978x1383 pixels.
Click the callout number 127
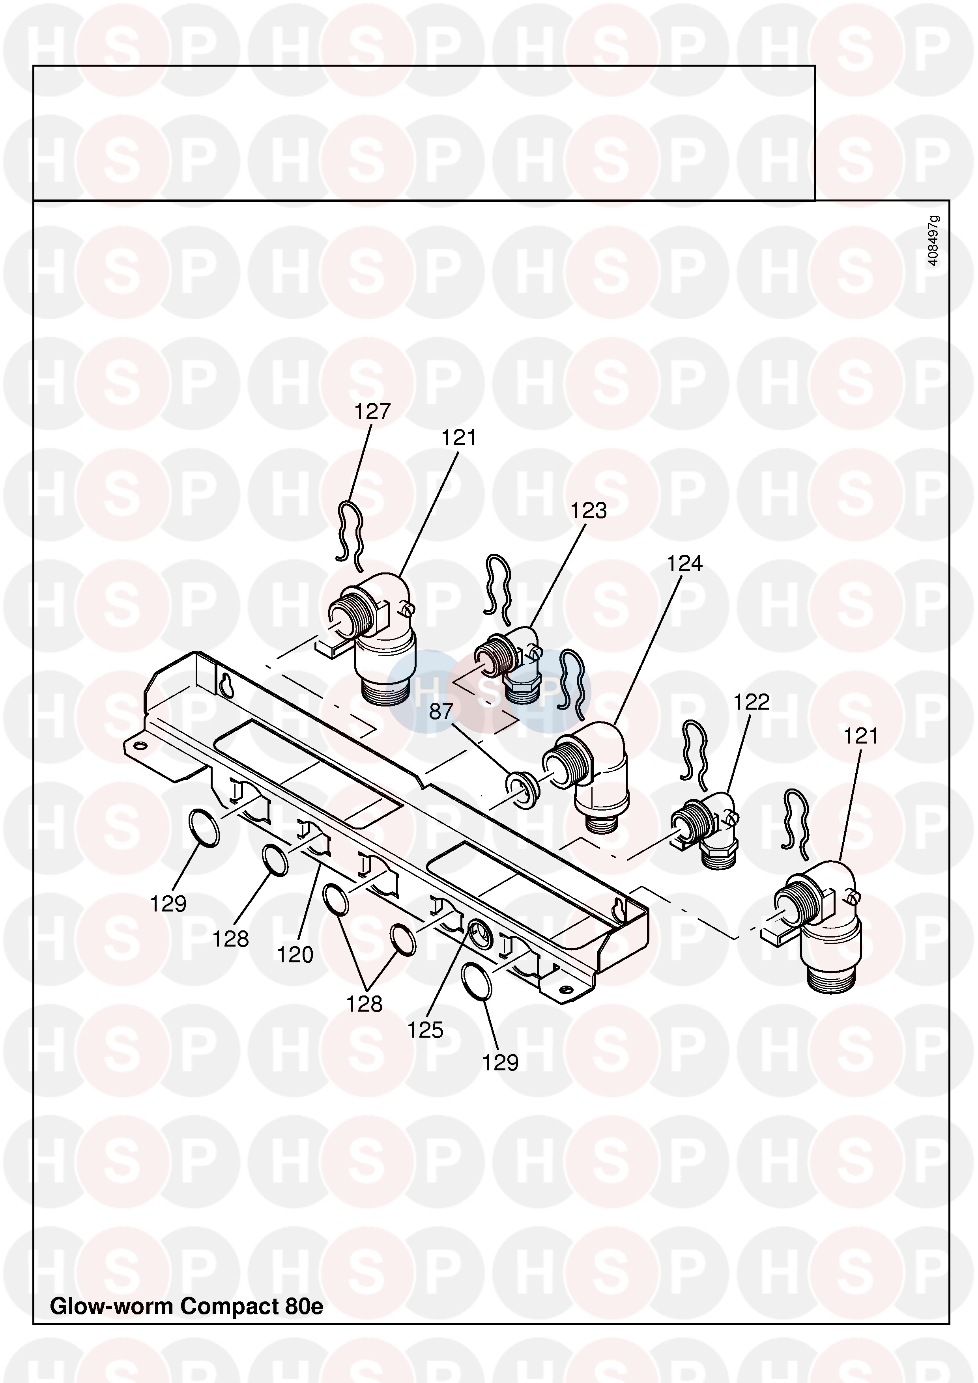[372, 412]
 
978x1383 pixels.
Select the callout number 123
[589, 511]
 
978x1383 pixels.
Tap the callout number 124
[684, 564]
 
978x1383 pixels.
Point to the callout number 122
[752, 703]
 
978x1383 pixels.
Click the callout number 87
[441, 712]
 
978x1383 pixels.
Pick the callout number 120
[295, 955]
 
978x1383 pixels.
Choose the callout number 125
[425, 1030]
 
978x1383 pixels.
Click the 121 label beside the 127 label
[458, 438]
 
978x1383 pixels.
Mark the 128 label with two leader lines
[365, 1004]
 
